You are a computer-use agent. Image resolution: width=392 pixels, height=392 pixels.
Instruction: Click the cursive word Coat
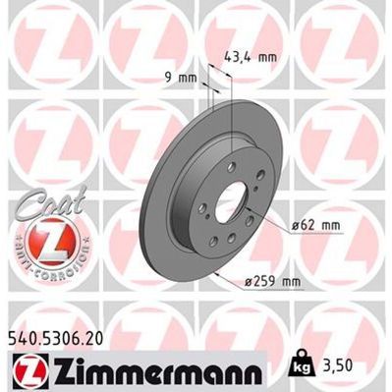[x=39, y=200]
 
